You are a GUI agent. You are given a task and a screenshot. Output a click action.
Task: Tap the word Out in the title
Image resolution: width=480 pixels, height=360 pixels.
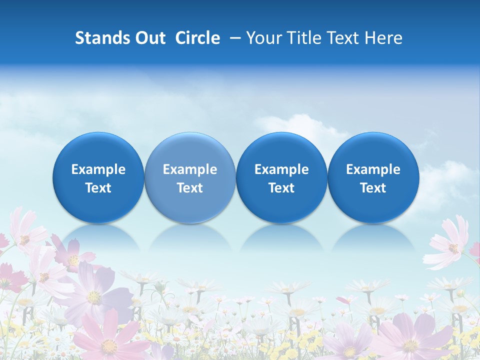point(149,38)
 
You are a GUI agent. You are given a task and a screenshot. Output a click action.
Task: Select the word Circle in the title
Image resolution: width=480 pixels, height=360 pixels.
point(197,38)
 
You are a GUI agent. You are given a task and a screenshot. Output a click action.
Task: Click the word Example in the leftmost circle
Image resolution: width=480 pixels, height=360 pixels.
point(98,169)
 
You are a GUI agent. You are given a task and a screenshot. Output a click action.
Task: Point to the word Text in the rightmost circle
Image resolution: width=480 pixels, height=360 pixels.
point(373,188)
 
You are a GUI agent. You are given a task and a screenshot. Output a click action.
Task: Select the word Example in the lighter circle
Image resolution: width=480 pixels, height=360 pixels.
point(190,169)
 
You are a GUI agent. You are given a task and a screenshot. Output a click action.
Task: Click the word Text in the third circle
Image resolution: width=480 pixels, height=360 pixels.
point(281,188)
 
